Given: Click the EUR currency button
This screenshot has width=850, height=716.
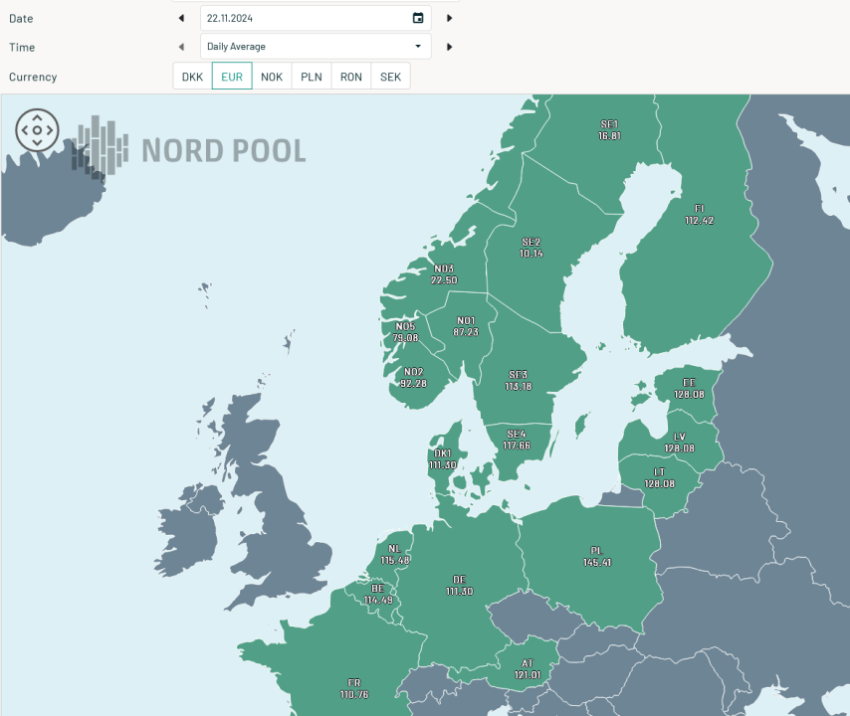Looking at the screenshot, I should (232, 77).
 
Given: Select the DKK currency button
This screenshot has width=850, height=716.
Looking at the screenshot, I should (192, 77).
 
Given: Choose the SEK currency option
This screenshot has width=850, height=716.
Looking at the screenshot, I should (390, 77).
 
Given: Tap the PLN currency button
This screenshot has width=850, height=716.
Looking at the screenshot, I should (312, 77).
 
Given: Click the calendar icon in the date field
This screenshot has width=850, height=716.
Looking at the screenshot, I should (418, 18).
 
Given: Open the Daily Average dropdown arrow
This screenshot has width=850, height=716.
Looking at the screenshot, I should (418, 47).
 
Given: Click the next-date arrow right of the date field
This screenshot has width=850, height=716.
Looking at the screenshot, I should (449, 18).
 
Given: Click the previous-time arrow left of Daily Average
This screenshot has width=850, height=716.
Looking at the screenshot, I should (181, 47).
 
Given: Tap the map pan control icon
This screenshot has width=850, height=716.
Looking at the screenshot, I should (37, 130).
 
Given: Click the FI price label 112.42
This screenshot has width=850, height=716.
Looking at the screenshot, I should (699, 221).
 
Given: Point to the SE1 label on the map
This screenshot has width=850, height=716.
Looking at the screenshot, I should (609, 124).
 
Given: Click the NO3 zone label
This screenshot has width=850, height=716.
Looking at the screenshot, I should (444, 268).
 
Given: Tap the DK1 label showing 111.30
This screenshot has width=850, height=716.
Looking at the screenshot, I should (443, 459).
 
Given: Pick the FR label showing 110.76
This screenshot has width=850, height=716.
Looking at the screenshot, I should (353, 688).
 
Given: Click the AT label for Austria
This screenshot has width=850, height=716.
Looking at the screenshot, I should (528, 663).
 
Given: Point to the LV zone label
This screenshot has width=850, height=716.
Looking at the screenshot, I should (679, 438).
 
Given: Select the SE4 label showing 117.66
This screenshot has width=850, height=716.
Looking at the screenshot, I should (516, 440).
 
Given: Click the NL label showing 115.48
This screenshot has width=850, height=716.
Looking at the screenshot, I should (395, 555).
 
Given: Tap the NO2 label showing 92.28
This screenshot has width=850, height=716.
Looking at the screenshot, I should (413, 378).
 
